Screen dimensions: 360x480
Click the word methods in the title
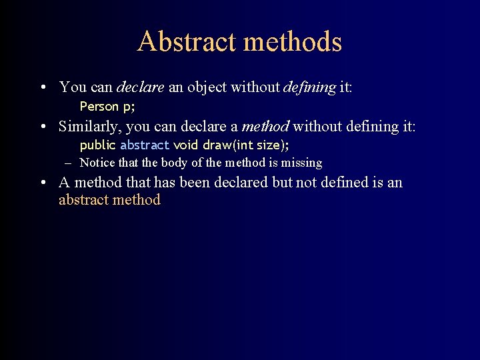293,41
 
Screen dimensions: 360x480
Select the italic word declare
140,87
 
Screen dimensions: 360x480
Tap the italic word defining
309,87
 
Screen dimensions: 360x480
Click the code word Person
99,106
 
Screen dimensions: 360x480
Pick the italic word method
265,127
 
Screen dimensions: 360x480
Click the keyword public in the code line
97,145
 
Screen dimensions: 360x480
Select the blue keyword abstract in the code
145,145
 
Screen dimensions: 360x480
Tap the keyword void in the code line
185,145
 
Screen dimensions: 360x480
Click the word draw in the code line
217,145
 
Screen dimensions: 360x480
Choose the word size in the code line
268,145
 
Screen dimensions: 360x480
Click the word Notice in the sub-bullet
97,163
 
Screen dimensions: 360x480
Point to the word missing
302,163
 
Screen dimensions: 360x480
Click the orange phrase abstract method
109,200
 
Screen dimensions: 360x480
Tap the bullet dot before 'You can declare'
42,88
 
